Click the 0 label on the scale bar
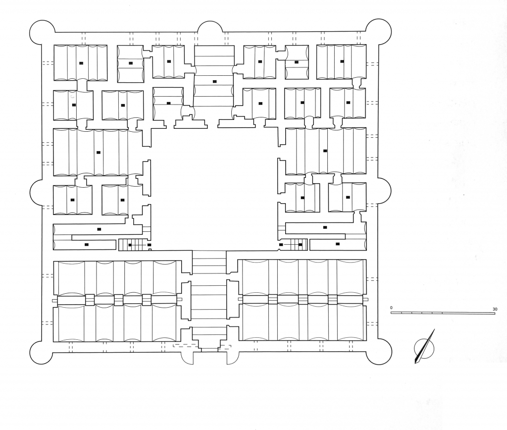click(391, 308)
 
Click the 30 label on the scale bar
click(495, 309)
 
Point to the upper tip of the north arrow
click(434, 329)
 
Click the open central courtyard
click(214, 188)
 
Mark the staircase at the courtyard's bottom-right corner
click(292, 244)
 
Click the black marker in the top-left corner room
click(81, 63)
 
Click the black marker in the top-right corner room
click(342, 61)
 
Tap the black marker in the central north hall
click(214, 81)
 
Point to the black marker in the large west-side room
click(99, 153)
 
